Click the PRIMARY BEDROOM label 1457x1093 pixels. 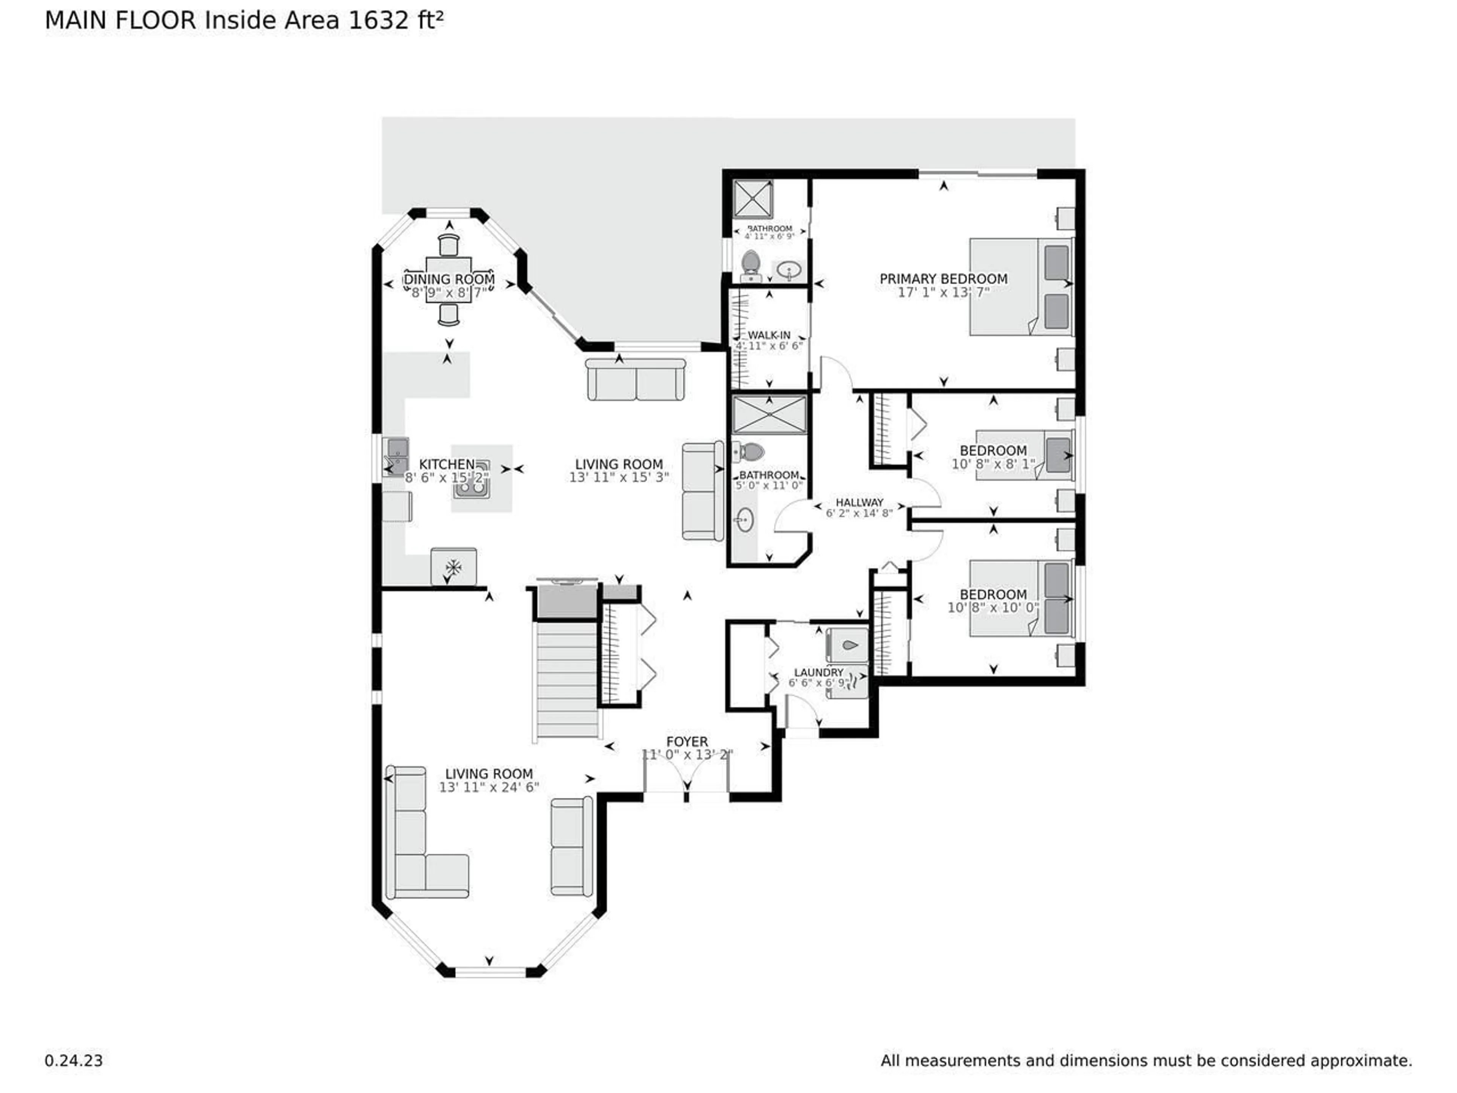click(x=943, y=279)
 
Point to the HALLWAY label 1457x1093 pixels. click(x=859, y=502)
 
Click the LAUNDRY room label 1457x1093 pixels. click(x=818, y=672)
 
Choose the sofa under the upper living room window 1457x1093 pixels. click(x=636, y=380)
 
